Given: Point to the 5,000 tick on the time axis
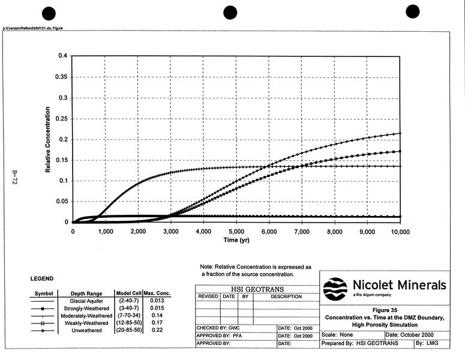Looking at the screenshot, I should pyautogui.click(x=236, y=232).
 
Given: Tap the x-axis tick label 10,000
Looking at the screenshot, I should pyautogui.click(x=399, y=232).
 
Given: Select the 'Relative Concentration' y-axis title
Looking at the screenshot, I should pyautogui.click(x=49, y=139).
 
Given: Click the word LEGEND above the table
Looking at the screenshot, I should pyautogui.click(x=42, y=278).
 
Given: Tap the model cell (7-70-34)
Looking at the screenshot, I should pyautogui.click(x=128, y=316).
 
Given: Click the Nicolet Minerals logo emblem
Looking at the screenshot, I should pyautogui.click(x=335, y=289).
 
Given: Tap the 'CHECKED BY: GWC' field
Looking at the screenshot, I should pyautogui.click(x=218, y=328).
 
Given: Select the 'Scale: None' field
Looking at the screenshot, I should pyautogui.click(x=338, y=334).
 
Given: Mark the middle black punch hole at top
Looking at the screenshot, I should pyautogui.click(x=232, y=13).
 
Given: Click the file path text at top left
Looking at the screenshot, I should pyautogui.click(x=33, y=28).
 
